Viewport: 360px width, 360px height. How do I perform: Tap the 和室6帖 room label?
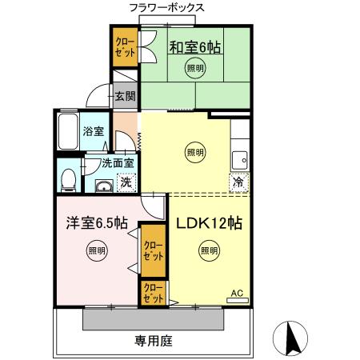pyautogui.click(x=194, y=48)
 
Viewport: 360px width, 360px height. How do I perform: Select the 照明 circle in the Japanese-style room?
pyautogui.click(x=195, y=70)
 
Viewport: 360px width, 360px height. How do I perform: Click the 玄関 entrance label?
pyautogui.click(x=125, y=96)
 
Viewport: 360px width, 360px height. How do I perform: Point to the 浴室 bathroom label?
pyautogui.click(x=94, y=131)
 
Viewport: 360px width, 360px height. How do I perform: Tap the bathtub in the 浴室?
pyautogui.click(x=68, y=131)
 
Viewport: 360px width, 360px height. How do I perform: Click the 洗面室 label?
pyautogui.click(x=117, y=165)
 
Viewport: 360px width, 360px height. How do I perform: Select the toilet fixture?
pyautogui.click(x=70, y=178)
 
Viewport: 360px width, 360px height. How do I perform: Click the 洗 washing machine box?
pyautogui.click(x=126, y=182)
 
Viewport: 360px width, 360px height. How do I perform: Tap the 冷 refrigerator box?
pyautogui.click(x=238, y=182)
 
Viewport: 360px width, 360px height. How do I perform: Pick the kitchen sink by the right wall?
pyautogui.click(x=238, y=159)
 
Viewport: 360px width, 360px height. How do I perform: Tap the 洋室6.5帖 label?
pyautogui.click(x=96, y=223)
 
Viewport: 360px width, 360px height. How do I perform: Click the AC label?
pyautogui.click(x=237, y=294)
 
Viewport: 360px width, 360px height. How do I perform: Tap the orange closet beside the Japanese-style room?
pyautogui.click(x=124, y=47)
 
